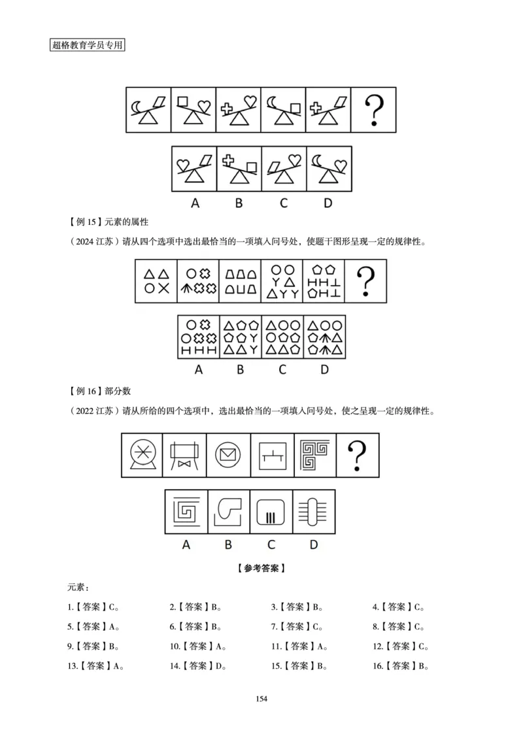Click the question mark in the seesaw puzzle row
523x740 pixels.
(373, 110)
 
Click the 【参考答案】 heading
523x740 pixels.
(261, 568)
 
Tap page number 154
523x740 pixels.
(261, 699)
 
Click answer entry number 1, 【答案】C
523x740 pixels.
(93, 607)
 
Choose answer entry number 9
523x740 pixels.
(93, 646)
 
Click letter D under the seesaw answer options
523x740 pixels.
(327, 203)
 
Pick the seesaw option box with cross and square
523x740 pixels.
(239, 169)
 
